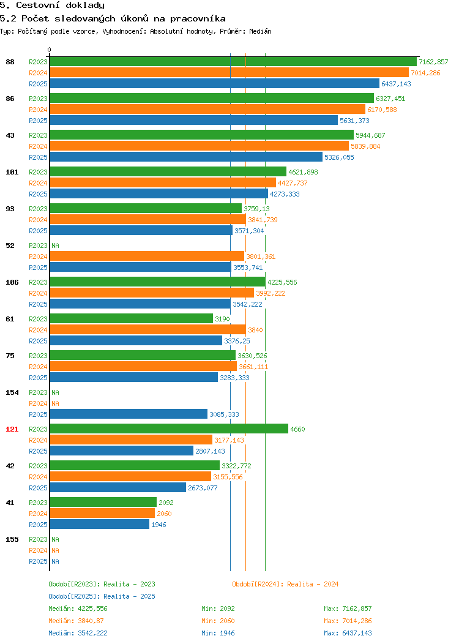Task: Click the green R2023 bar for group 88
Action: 233,62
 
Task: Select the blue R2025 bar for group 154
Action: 129,414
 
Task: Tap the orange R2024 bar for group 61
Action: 148,329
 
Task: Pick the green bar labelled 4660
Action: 169,429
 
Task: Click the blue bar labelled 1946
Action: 100,524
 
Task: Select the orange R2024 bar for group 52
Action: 147,256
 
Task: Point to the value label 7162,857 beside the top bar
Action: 433,62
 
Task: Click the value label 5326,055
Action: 339,157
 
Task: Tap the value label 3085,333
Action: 224,414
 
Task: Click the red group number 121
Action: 12,429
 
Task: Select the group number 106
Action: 12,282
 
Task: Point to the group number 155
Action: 12,539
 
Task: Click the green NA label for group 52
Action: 56,245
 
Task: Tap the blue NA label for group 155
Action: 56,561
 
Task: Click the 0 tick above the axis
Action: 50,50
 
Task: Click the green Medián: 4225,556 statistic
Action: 78,608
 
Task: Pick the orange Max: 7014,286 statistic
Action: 348,621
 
